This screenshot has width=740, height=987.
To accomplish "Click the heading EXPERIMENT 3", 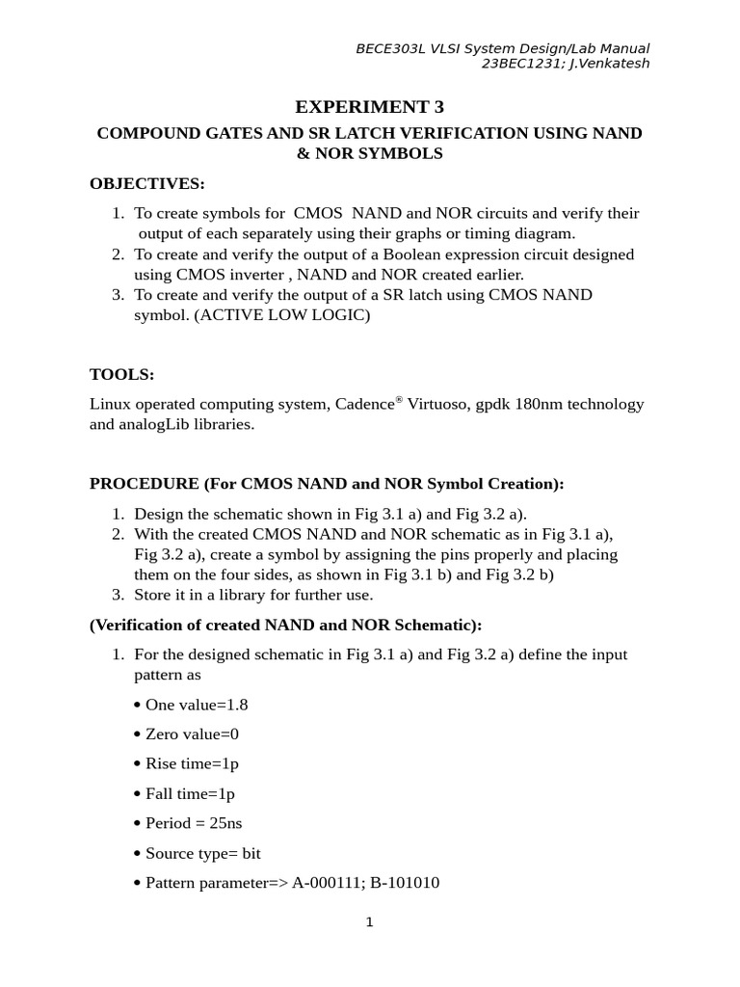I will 369,107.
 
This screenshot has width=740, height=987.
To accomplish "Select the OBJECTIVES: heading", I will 147,183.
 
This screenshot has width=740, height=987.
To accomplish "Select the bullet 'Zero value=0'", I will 192,734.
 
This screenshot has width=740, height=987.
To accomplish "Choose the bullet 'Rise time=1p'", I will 192,764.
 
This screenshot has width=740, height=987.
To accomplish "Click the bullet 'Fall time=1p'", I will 190,794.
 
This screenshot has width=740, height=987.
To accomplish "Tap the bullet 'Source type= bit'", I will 203,854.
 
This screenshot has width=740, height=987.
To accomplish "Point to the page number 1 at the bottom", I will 369,922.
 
